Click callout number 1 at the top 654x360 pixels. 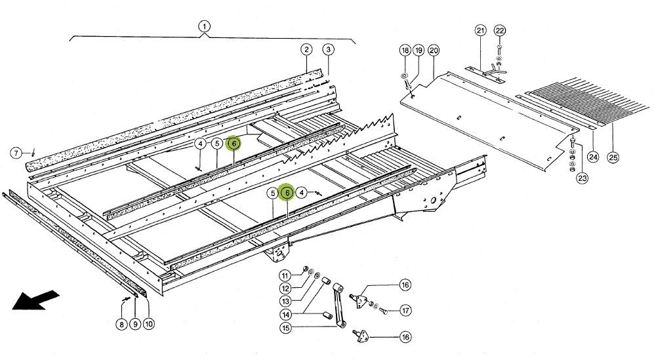[x=205, y=27]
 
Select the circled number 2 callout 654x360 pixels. [x=306, y=50]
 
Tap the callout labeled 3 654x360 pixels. [x=328, y=50]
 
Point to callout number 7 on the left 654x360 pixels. [x=16, y=153]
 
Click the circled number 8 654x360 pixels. [x=121, y=324]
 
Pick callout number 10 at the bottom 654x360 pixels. [x=149, y=324]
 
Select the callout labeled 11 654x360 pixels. [x=285, y=275]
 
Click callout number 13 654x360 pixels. [x=285, y=302]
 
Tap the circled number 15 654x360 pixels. [x=285, y=328]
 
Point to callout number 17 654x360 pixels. [x=405, y=311]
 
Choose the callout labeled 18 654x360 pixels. [x=405, y=50]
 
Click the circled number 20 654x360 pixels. [x=433, y=50]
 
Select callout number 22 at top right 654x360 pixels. [x=500, y=31]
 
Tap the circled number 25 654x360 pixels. [x=613, y=157]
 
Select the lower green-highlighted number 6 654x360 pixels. [x=287, y=193]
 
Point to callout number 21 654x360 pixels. [x=480, y=31]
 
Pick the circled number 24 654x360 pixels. [x=593, y=157]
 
